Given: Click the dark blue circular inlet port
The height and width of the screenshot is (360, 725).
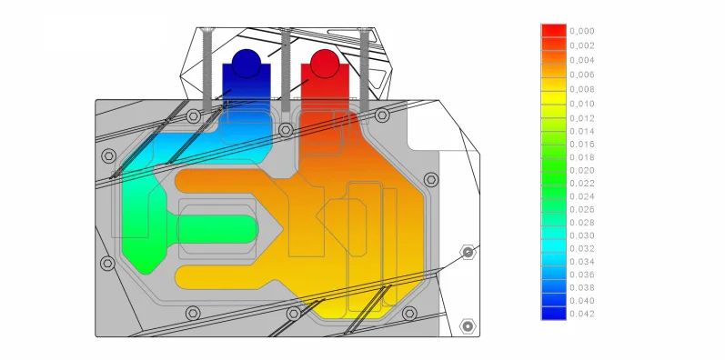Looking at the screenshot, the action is click(x=246, y=64).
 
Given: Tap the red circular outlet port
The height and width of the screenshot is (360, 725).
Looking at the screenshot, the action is click(x=325, y=64).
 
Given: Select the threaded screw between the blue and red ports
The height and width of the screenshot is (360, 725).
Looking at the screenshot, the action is click(x=286, y=69).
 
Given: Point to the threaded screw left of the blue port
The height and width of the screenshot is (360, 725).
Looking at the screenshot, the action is click(x=206, y=69).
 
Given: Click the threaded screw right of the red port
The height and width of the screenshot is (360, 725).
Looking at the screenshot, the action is click(x=365, y=69).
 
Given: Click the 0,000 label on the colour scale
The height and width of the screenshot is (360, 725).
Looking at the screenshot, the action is click(x=581, y=32).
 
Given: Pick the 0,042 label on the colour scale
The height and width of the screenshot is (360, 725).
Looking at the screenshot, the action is click(x=581, y=315).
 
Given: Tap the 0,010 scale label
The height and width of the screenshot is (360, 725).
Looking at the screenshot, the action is click(x=581, y=104).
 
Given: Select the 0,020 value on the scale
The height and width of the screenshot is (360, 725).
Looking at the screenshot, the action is click(x=581, y=171).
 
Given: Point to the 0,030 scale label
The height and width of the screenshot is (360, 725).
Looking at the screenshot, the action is click(x=581, y=235).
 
